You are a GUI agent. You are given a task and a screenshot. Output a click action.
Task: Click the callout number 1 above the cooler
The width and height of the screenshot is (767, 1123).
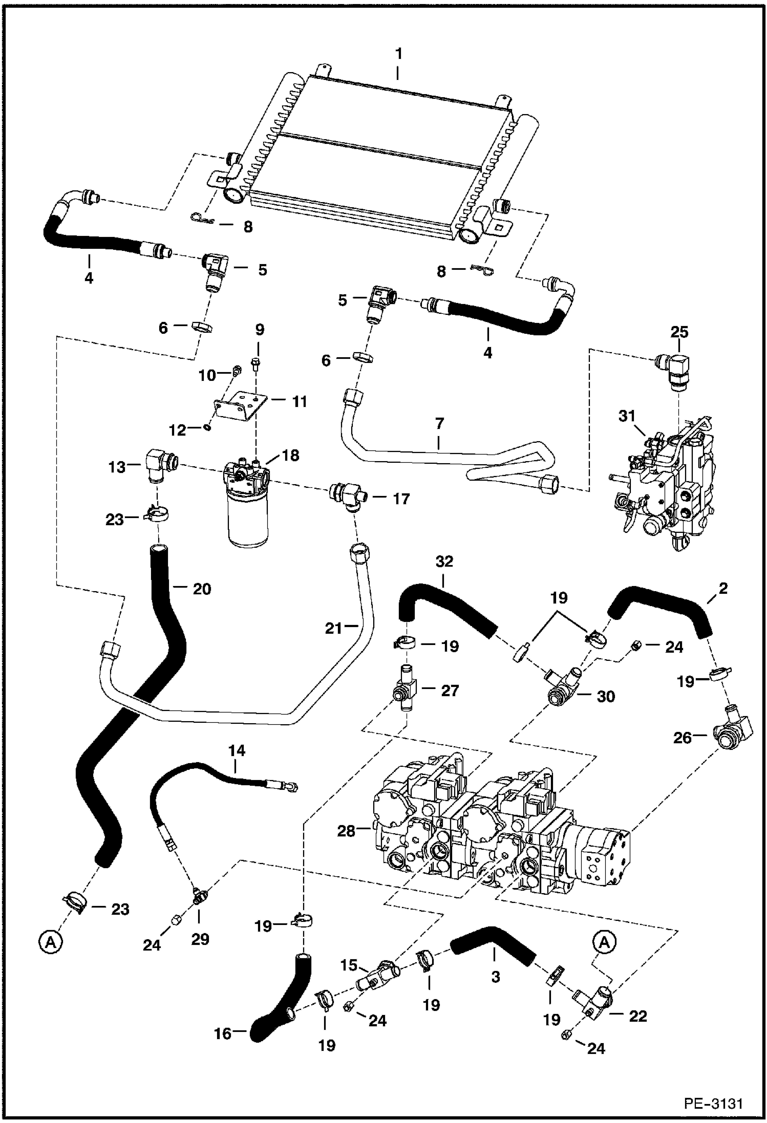click(398, 53)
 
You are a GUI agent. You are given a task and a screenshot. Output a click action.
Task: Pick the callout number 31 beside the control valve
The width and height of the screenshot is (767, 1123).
click(626, 417)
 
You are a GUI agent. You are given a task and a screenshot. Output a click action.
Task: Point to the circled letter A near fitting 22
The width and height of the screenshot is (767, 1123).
click(605, 942)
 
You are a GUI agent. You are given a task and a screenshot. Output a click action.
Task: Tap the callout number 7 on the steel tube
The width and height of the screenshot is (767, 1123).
click(439, 424)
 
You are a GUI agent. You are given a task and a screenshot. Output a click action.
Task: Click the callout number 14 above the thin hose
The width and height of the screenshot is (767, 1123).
click(236, 751)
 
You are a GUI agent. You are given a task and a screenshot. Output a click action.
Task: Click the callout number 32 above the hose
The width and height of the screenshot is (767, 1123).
click(444, 561)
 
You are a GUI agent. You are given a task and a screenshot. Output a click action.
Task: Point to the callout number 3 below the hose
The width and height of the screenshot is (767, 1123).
click(495, 977)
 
